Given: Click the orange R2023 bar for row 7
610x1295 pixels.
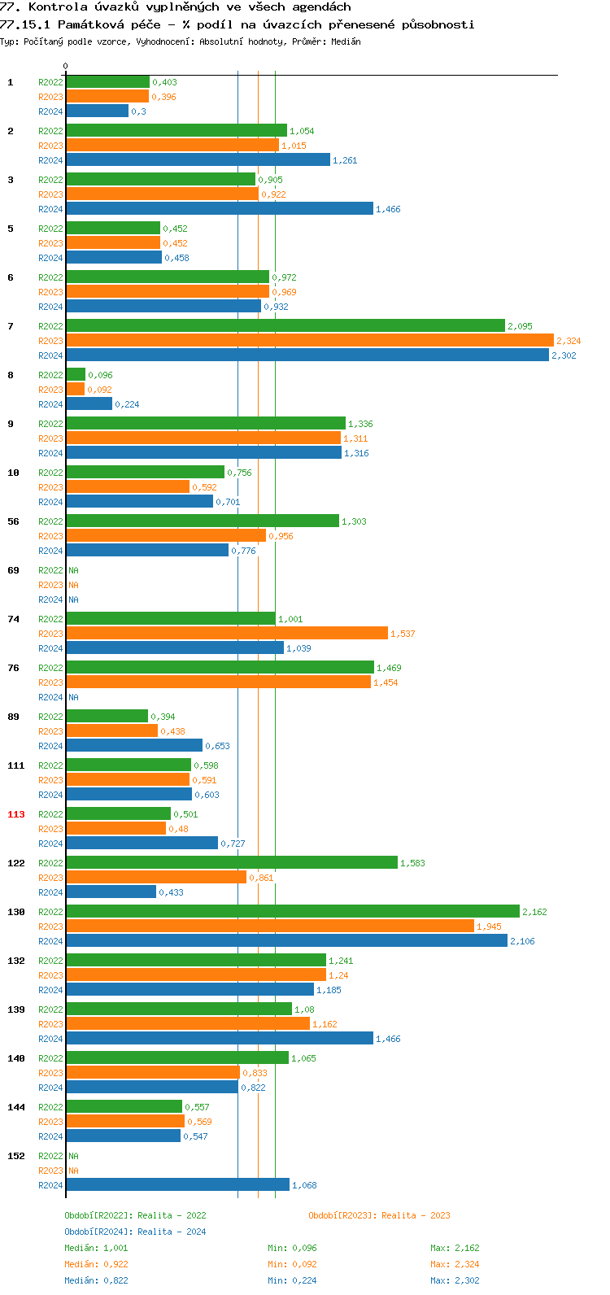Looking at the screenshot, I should point(309,341).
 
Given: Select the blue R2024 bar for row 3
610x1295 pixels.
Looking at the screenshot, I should point(220,209).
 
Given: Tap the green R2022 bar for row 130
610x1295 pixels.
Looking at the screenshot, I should point(293,912).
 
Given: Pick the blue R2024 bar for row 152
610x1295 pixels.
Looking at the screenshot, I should point(177,1185).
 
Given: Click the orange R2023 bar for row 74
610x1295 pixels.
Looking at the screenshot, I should point(227,634).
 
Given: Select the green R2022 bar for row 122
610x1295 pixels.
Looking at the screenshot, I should point(232,863).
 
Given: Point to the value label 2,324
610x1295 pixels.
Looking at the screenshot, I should point(569,341).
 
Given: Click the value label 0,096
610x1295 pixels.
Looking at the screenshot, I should point(100,375).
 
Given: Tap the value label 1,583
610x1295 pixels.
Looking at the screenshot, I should point(412,863).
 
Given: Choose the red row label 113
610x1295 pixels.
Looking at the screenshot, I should point(16,814).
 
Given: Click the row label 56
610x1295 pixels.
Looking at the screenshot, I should point(13,521).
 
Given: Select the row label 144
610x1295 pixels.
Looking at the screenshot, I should point(16,1107).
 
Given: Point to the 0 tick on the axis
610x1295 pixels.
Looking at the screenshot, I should point(66,66).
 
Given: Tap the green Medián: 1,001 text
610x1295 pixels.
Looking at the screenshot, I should point(96,1248).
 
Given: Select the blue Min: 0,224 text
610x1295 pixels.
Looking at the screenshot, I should point(292,1280).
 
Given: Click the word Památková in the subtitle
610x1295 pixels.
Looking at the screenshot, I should point(89,24).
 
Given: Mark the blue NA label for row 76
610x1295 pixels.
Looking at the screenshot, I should point(73,697).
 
